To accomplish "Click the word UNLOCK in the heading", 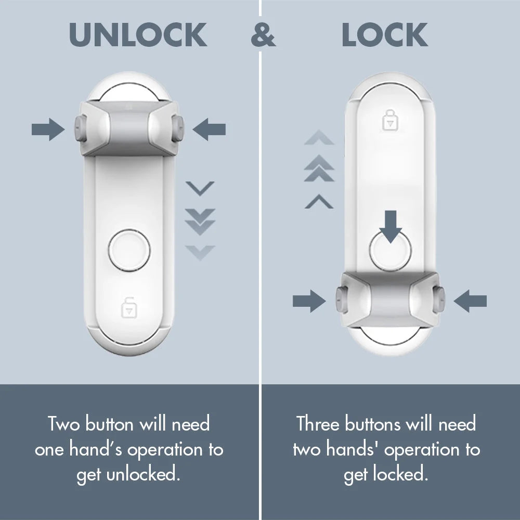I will point(138,35).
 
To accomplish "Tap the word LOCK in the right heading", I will point(385,35).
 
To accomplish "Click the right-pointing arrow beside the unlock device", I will point(48,129).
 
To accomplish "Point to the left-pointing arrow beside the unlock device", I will point(209,129).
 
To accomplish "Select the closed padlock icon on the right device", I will point(389,121).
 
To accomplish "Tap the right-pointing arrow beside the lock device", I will point(309,301).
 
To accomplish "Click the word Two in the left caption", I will point(64,424).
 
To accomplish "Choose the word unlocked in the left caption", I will point(151,475).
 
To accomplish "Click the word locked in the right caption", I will point(401,475).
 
